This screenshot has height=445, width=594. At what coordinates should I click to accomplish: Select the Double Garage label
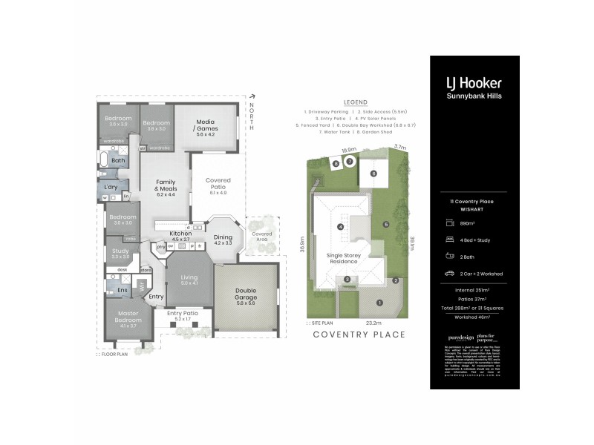[x=246, y=293]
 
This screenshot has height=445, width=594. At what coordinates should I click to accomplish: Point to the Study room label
[x=120, y=251]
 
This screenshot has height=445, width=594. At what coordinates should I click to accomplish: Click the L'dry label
[x=113, y=187]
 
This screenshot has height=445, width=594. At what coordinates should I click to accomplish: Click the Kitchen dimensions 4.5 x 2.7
[x=180, y=240]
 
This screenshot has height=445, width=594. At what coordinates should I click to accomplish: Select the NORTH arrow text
[x=252, y=117]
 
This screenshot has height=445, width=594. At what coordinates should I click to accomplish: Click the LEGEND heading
[x=356, y=102]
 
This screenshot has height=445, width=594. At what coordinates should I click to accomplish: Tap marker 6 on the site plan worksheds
[x=373, y=174]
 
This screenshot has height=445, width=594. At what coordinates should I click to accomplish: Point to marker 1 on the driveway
[x=379, y=302]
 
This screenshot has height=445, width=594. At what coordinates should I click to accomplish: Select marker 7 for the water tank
[x=349, y=161]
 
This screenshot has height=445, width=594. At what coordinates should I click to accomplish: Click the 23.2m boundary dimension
[x=373, y=323]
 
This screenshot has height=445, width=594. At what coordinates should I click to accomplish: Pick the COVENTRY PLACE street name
[x=359, y=334]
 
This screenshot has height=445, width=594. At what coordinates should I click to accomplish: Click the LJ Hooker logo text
[x=474, y=83]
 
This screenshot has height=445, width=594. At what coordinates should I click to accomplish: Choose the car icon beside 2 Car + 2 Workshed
[x=449, y=274]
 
